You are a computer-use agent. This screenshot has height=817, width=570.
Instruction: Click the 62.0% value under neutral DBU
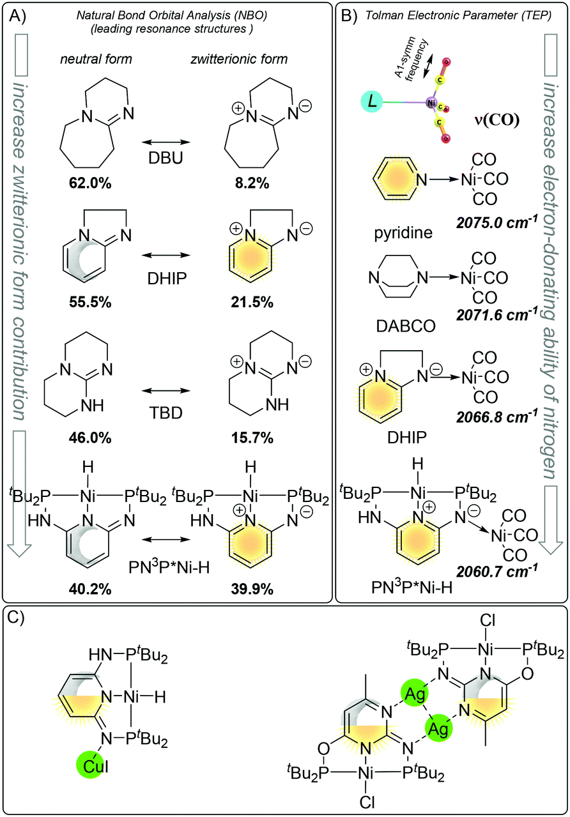pos(90,183)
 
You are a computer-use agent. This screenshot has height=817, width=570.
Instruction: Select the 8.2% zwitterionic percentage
pos(252,183)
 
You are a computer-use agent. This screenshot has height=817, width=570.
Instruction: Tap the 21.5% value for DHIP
pos(252,302)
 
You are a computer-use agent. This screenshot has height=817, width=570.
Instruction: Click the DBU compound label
pos(166,158)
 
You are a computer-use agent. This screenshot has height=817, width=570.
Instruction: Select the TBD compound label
pos(166,413)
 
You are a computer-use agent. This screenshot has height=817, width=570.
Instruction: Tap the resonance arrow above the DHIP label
pos(166,255)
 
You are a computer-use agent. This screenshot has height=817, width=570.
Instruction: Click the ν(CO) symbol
pos(497,120)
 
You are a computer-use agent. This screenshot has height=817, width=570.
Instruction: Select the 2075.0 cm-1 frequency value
pos(497,222)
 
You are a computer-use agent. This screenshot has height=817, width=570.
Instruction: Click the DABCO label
pos(406,326)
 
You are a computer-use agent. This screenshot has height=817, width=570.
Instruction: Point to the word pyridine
pos(403,233)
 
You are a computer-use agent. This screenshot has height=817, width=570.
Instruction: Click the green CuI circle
pos(93,767)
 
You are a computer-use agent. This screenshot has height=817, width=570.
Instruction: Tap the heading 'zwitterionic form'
pos(239,59)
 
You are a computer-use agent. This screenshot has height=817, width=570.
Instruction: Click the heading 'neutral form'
pos(96,59)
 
